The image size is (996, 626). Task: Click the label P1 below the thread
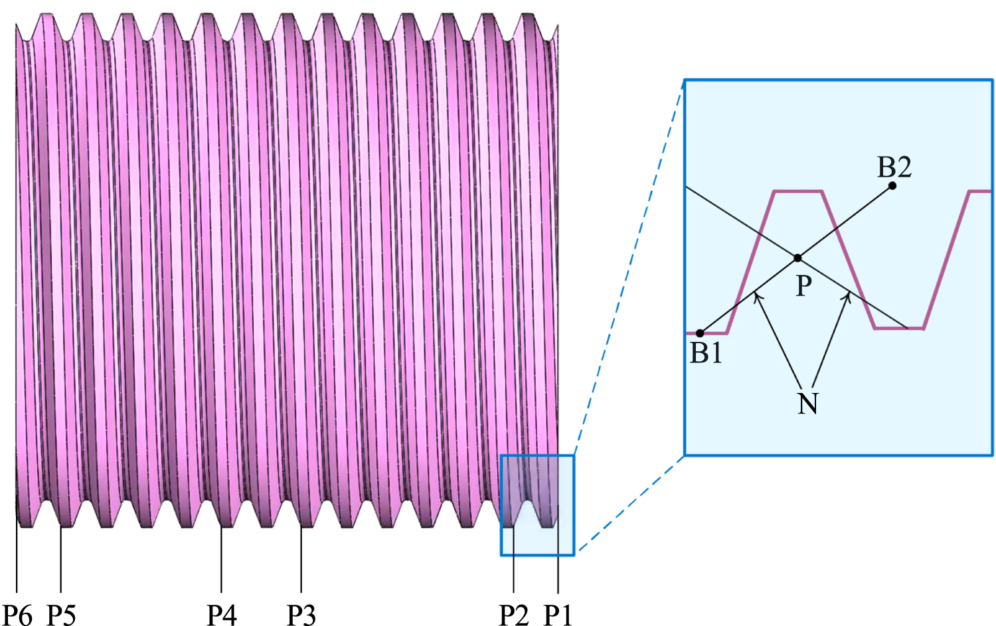558,615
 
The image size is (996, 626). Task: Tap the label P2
513,615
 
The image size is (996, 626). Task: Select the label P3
301,615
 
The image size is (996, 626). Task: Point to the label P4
221,615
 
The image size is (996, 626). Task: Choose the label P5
61,615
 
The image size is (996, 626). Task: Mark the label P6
17,615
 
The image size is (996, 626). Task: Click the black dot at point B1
700,333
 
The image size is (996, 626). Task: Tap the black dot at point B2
892,185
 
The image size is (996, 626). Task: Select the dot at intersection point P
797,258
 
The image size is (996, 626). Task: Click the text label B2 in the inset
894,167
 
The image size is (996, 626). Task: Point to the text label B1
706,352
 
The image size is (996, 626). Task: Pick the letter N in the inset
807,403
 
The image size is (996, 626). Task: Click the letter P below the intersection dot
803,285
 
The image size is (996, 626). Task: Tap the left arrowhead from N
756,296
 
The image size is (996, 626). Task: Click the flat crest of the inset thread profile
798,192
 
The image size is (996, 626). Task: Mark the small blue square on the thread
537,505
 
